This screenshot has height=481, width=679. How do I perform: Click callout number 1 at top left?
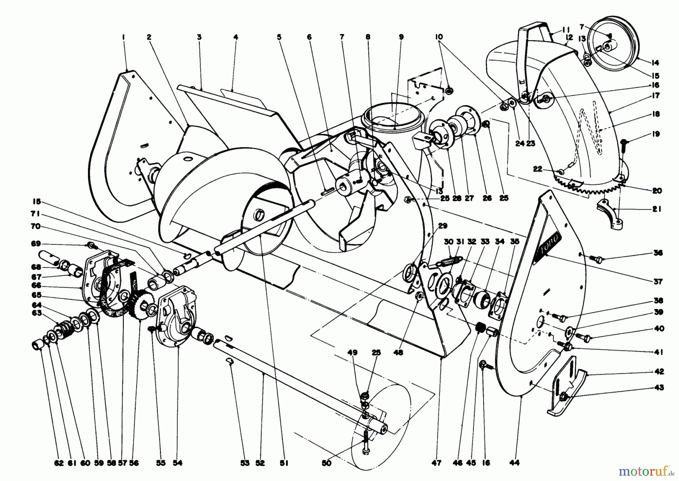(x=123, y=37)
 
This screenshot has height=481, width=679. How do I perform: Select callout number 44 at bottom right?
(x=514, y=463)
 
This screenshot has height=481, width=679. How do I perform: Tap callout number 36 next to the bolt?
(x=658, y=253)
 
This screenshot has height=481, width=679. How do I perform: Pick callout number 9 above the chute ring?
(x=401, y=37)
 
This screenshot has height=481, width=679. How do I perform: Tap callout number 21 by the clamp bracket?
(x=657, y=209)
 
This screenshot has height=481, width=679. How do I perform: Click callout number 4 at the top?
(x=235, y=37)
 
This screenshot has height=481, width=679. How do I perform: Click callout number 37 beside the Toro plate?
(x=658, y=281)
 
